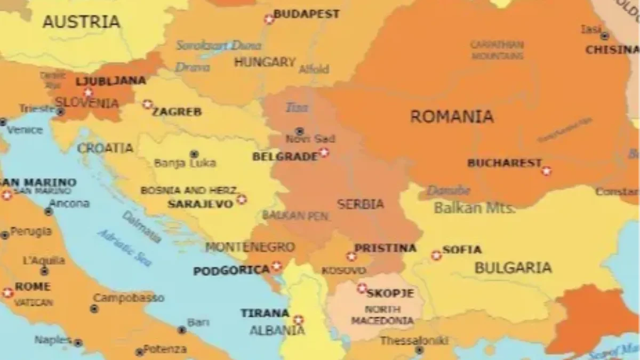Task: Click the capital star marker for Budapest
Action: coord(269,19)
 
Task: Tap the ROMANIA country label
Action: coord(452,116)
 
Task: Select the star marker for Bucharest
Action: coord(546,171)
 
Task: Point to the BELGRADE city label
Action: coord(285,157)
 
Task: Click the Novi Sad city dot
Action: coord(300,131)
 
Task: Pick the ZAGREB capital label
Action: coord(177,111)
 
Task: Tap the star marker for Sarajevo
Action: coord(242,199)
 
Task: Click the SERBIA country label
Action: coord(361,204)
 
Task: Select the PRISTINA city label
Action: coord(385,248)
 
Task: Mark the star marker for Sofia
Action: coord(436,255)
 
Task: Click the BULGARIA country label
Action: coord(513,268)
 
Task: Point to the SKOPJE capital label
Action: coord(390,293)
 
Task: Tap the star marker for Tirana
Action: coord(298,320)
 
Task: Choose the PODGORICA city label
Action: coord(231,271)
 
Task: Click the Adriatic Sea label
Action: coord(125,248)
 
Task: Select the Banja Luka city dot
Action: coord(194,154)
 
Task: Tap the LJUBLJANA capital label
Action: coord(111,81)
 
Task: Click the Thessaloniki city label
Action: coord(414,340)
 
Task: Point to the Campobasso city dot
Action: coord(94,308)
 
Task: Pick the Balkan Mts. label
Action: coord(475,208)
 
